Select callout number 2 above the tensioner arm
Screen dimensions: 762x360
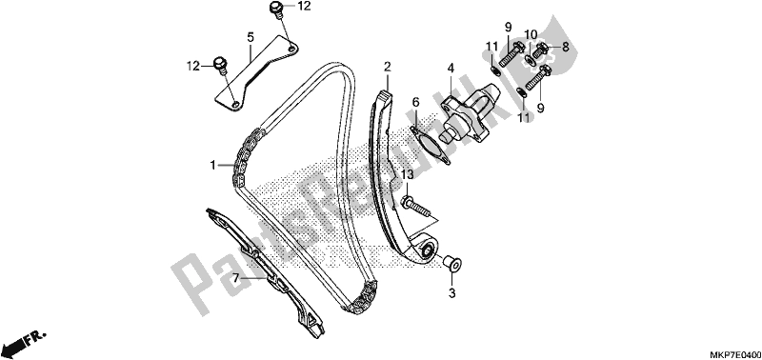(x=388, y=66)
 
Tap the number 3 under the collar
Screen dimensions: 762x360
(x=453, y=294)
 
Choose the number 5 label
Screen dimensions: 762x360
(x=251, y=37)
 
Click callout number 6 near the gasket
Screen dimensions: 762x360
(x=415, y=101)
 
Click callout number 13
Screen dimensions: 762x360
(x=408, y=174)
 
